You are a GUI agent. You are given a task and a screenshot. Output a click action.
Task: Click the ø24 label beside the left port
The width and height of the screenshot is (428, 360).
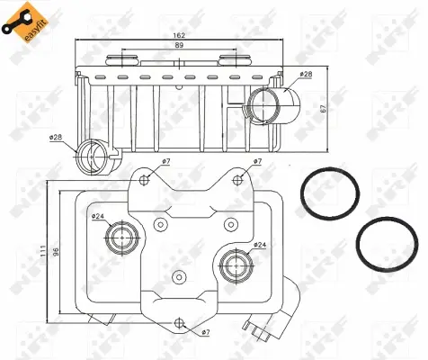pyautogui.click(x=97, y=216)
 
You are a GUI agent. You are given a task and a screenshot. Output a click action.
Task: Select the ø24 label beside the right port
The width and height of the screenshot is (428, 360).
pyautogui.click(x=259, y=244)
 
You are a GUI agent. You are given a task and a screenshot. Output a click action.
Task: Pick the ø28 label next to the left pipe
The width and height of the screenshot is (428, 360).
pyautogui.click(x=56, y=137)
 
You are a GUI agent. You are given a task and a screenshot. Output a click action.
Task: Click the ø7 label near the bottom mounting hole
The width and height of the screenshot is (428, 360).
pyautogui.click(x=206, y=333)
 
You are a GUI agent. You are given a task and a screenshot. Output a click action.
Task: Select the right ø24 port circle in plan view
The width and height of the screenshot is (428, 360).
pyautogui.click(x=235, y=265)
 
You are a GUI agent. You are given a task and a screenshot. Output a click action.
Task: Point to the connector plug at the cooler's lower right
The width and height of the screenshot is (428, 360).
pyautogui.click(x=266, y=331)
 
